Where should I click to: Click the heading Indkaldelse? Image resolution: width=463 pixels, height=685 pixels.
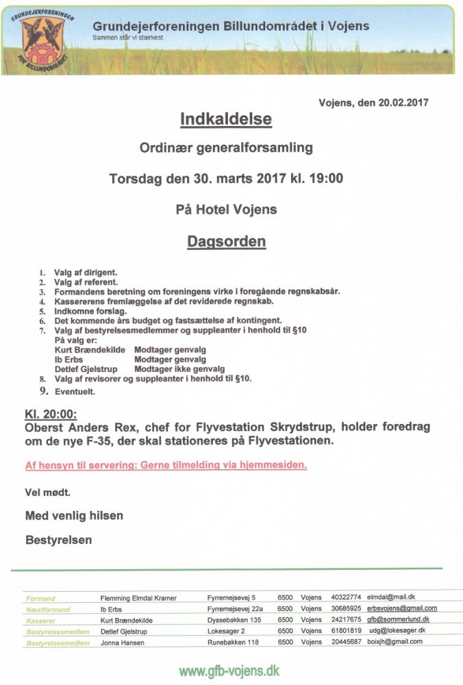pos(226,120)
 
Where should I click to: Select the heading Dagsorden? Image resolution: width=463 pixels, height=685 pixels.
pos(227,242)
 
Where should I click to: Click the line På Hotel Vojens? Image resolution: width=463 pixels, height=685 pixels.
pos(227,210)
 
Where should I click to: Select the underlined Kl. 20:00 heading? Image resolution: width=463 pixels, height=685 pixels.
pos(51,414)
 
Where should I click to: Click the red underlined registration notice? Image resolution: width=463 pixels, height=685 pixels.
pos(166,465)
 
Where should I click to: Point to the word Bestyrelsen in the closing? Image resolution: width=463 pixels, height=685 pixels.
pos(58,540)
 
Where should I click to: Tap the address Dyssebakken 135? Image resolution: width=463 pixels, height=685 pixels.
pos(234,620)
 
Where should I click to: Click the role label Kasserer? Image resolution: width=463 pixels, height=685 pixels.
pos(40,621)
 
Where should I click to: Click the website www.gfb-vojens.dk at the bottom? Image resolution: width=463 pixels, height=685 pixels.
pos(229,671)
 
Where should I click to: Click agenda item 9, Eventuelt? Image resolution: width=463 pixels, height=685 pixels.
pos(75,392)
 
